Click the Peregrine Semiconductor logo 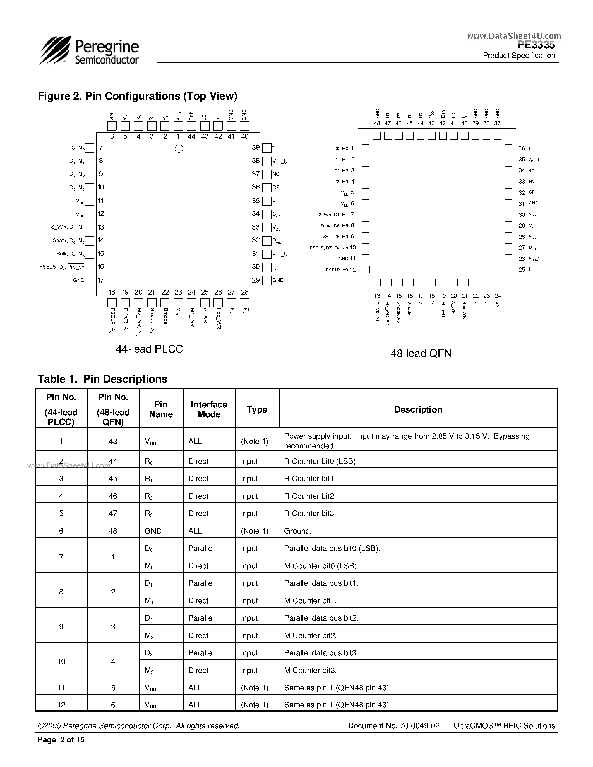click(x=89, y=51)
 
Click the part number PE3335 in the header click(x=536, y=45)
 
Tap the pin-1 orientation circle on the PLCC click(x=179, y=149)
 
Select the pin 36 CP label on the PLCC click(x=276, y=187)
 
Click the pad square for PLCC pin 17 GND click(x=90, y=280)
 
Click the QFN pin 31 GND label click(x=533, y=203)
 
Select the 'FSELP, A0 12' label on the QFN click(x=341, y=270)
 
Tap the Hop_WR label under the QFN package click(x=464, y=310)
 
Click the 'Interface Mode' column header click(x=209, y=409)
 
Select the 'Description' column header click(x=418, y=409)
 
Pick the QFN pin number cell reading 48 click(x=113, y=531)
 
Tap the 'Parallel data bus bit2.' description click(x=321, y=618)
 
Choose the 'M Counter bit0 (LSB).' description click(x=321, y=566)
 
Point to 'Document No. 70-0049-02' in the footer click(x=393, y=725)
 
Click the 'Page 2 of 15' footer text click(x=61, y=740)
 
